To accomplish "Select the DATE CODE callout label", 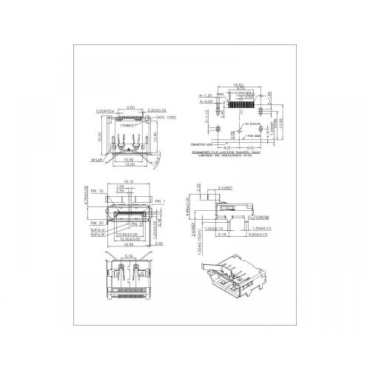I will [x=166, y=118].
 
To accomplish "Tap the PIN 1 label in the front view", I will [x=161, y=201].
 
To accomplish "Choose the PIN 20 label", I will [x=97, y=222].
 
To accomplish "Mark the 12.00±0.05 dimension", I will [x=129, y=239].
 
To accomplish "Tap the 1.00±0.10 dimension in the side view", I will [x=215, y=229].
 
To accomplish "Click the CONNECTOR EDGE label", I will [x=201, y=143].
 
